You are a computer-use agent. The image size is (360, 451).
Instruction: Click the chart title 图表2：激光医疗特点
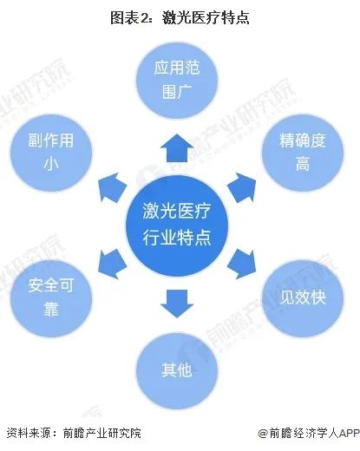tap(180, 17)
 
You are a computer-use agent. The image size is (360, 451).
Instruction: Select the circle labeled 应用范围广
tap(177, 80)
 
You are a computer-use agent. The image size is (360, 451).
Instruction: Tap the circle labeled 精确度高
tap(303, 153)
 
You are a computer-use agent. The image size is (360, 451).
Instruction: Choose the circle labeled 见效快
tap(303, 297)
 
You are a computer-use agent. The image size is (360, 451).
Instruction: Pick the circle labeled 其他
tap(177, 370)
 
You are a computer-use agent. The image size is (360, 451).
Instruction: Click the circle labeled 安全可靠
tap(51, 297)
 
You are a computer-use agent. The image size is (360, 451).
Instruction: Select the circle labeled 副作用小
tap(51, 153)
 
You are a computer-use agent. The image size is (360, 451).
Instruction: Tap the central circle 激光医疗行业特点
tap(177, 225)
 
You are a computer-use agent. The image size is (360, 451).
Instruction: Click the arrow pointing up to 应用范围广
tap(177, 148)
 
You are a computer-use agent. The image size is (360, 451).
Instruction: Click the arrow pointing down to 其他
tap(177, 304)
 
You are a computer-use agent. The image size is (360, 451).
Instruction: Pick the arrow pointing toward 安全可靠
tap(111, 264)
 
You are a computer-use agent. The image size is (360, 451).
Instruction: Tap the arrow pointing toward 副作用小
tap(111, 187)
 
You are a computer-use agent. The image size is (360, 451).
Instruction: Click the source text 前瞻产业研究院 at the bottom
tap(102, 433)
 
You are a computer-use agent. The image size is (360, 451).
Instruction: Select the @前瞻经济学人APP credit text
tap(309, 433)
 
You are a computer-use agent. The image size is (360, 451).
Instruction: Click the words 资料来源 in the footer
tap(29, 433)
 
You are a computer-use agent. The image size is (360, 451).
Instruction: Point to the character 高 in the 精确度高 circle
tap(303, 164)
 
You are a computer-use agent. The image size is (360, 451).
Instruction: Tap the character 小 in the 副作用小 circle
tap(51, 164)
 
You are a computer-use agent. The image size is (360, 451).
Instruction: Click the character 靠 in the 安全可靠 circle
tap(51, 309)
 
